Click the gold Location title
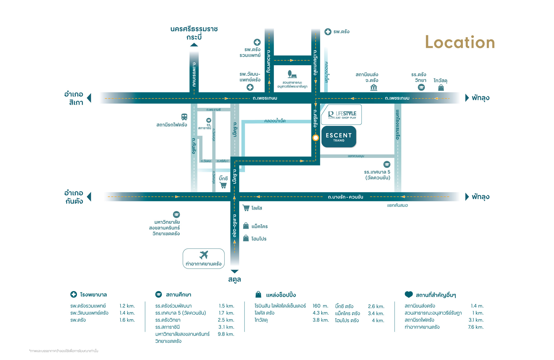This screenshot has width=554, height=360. point(460,42)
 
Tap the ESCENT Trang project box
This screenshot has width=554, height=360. point(338,137)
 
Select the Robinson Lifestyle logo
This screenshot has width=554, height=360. point(342,115)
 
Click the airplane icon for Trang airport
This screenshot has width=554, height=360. point(204,255)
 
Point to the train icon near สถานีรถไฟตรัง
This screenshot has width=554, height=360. point(184,117)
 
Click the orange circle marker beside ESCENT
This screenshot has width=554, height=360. point(316,138)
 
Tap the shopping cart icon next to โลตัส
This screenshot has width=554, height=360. point(246,208)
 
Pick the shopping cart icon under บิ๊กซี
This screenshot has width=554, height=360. point(223,185)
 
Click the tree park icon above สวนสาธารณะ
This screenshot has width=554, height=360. point(292,74)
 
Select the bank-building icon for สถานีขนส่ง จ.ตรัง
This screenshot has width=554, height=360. point(374,88)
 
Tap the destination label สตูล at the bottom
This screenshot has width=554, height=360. point(234,279)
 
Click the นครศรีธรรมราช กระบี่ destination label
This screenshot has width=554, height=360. point(194,33)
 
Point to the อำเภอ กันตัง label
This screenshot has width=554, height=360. point(74,197)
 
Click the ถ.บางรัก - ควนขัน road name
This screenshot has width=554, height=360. point(345,197)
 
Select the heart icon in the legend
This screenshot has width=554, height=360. point(409,294)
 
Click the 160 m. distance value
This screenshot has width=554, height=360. point(320,306)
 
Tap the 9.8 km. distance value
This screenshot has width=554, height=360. point(226,334)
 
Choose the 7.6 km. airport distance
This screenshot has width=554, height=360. point(476,327)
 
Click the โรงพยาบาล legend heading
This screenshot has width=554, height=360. point(93,295)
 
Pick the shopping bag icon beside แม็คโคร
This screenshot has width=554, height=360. point(246,226)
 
